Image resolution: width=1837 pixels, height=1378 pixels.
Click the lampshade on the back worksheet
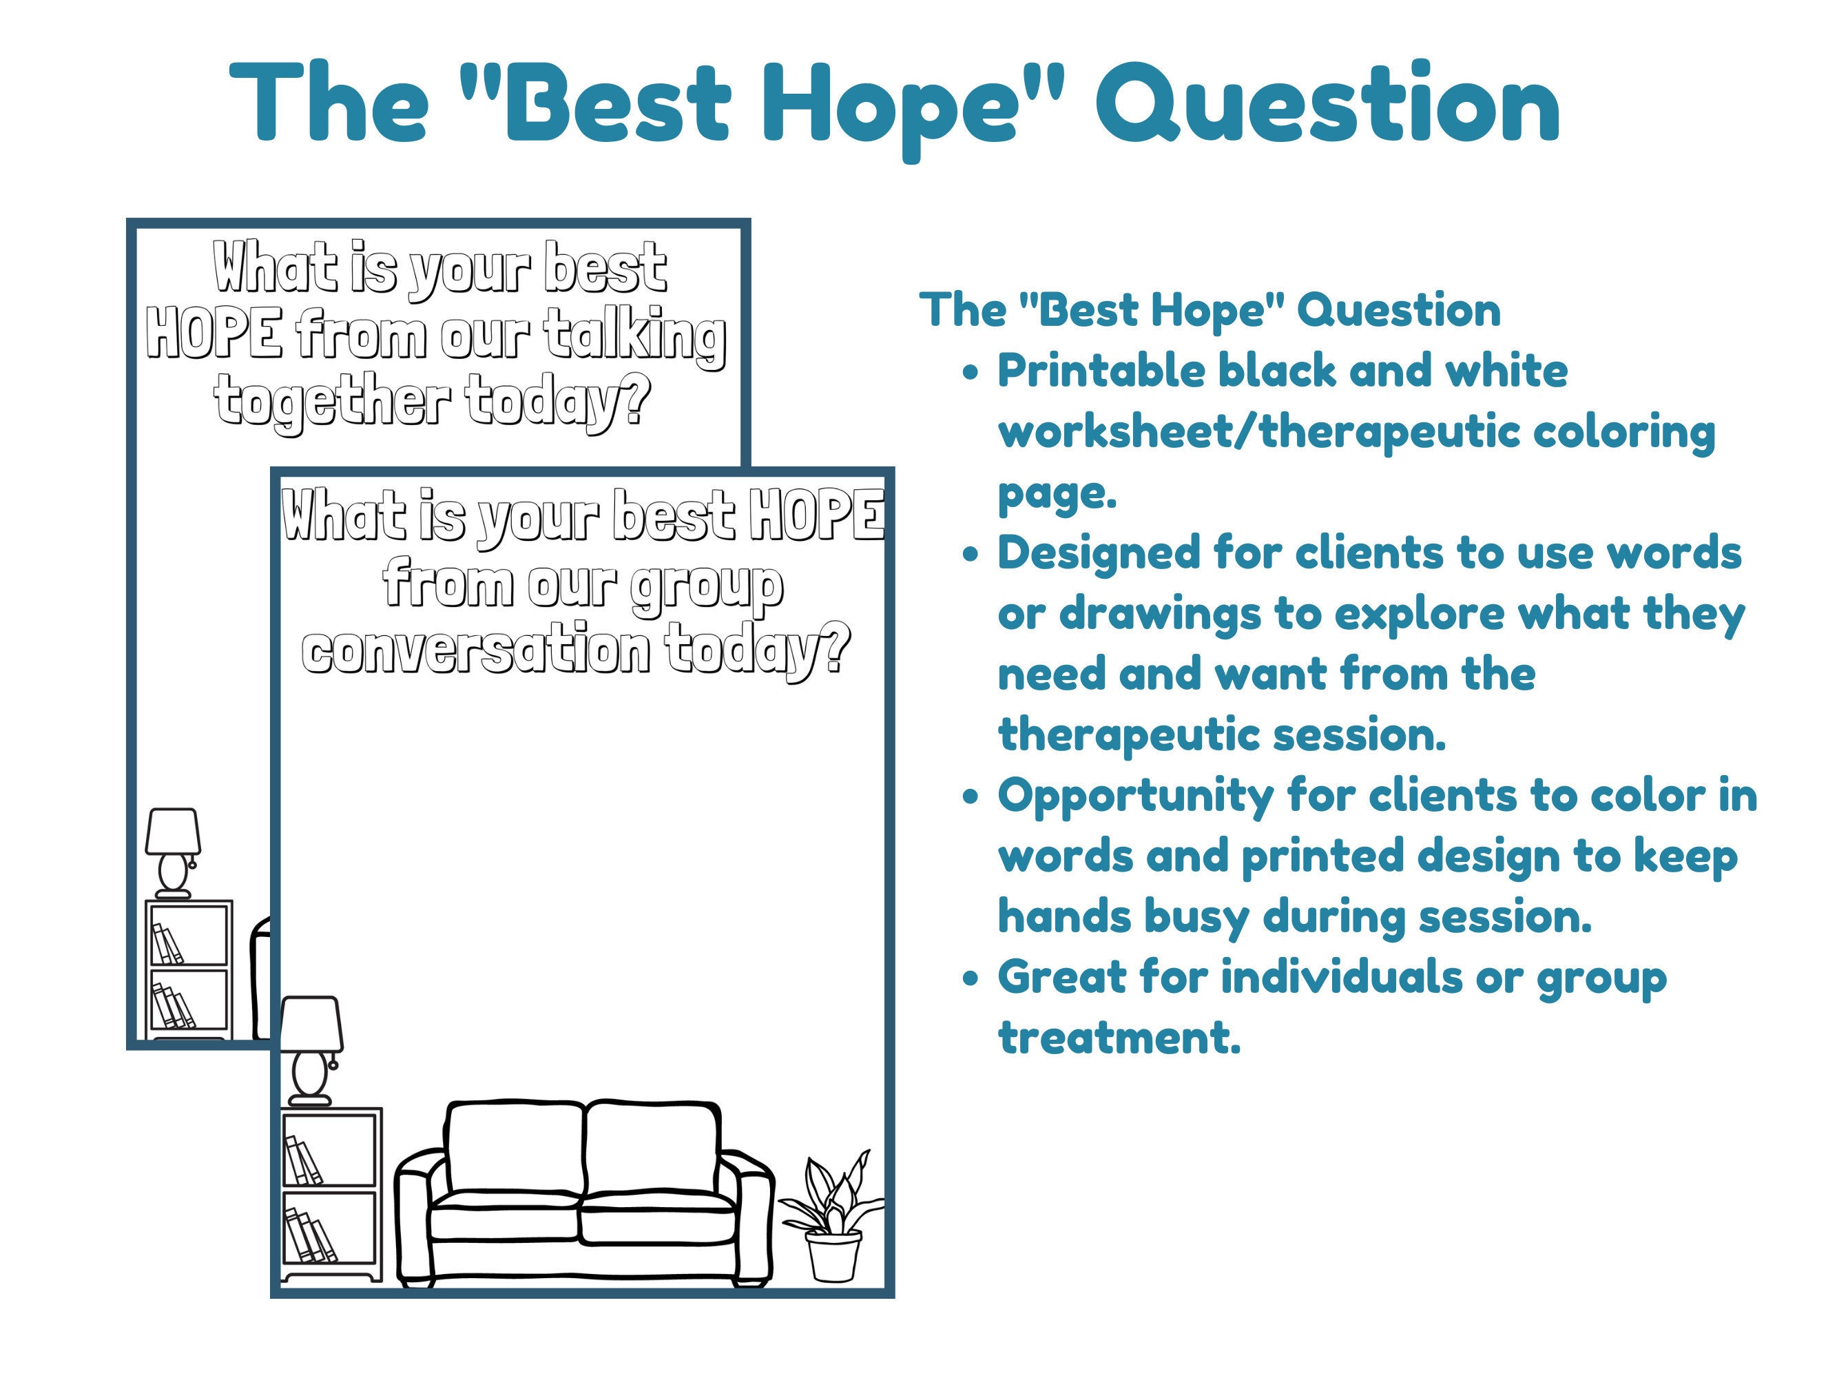point(173,832)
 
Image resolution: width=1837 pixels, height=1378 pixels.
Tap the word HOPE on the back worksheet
point(214,334)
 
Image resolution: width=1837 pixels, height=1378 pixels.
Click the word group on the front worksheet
point(706,586)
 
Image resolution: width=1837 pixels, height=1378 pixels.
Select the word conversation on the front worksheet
point(476,651)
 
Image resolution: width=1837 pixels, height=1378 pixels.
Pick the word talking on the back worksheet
point(635,336)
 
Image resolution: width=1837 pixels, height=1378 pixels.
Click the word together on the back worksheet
point(332,402)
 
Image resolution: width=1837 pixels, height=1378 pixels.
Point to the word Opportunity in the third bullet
point(1135,796)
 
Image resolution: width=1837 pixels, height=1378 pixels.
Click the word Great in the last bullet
point(1061,978)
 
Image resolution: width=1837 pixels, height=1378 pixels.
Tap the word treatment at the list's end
point(1119,1038)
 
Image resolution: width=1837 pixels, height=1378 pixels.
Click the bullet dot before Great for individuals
point(970,978)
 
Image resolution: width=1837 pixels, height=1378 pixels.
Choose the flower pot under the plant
point(834,1256)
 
